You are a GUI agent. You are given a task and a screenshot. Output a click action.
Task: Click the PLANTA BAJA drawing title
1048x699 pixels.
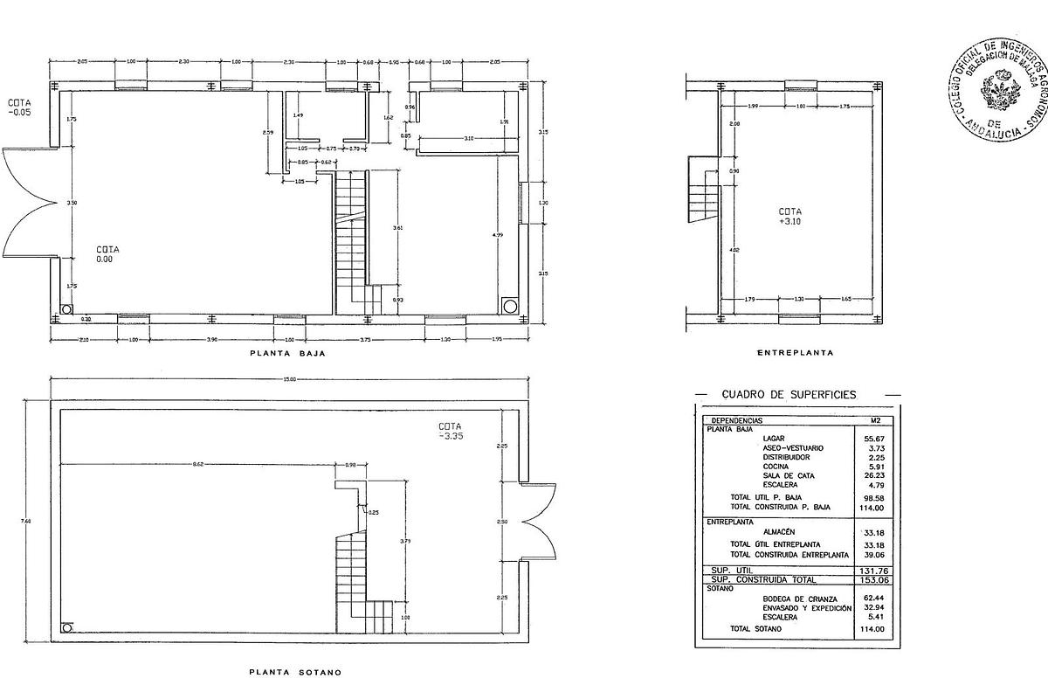click(x=282, y=355)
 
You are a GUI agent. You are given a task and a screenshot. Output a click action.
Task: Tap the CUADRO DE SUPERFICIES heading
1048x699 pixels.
click(x=789, y=395)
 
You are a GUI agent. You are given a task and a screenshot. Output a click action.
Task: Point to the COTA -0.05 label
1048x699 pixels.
click(x=20, y=107)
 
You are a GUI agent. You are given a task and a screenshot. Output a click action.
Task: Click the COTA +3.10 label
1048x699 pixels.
click(x=790, y=217)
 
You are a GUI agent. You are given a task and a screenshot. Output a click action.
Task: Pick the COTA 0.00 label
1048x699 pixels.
click(x=108, y=254)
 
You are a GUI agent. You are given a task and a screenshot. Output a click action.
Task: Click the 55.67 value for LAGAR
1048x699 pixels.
click(x=875, y=439)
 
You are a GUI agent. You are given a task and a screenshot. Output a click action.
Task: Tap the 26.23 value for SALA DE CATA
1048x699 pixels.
click(x=875, y=475)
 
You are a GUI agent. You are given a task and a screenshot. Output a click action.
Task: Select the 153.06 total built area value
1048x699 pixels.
click(x=873, y=579)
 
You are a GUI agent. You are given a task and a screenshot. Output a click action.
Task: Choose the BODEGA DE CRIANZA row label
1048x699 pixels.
click(x=795, y=599)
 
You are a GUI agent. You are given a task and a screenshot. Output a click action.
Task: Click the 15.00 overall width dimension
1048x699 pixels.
click(x=289, y=379)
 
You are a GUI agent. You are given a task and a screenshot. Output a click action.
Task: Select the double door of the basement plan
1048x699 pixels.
click(x=540, y=521)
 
